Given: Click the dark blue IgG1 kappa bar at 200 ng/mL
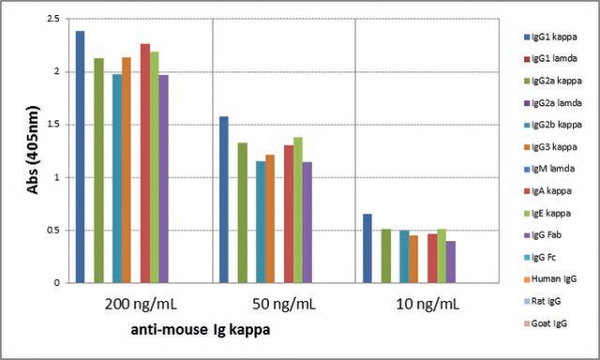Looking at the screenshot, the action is (x=80, y=157).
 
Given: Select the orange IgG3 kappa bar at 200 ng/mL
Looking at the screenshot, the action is (x=127, y=171).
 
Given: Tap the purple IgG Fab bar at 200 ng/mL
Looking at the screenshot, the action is (x=164, y=179).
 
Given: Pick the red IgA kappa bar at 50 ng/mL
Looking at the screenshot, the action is (x=289, y=215).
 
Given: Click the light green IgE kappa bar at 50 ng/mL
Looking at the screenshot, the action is (x=298, y=210).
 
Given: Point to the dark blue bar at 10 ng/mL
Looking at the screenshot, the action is (x=367, y=248).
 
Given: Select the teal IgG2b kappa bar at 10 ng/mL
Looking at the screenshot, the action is (x=404, y=257).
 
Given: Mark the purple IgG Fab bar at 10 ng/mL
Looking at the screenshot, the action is (x=451, y=262).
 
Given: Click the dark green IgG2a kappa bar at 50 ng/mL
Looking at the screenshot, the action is (x=243, y=213).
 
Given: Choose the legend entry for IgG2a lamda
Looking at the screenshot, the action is (x=553, y=103).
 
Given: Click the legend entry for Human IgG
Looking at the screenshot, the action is (x=550, y=279).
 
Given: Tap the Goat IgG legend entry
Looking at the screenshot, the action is (x=546, y=323).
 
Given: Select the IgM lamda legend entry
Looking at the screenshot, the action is (x=549, y=169).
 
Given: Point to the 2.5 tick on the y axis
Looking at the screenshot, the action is (x=53, y=19).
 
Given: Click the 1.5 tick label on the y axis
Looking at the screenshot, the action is (x=53, y=125).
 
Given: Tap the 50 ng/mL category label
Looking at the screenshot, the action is (x=284, y=305).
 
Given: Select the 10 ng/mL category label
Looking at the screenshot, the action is (x=427, y=305).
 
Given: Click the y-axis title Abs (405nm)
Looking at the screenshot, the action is (x=34, y=150).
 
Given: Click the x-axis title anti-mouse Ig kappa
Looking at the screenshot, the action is (x=201, y=330).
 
